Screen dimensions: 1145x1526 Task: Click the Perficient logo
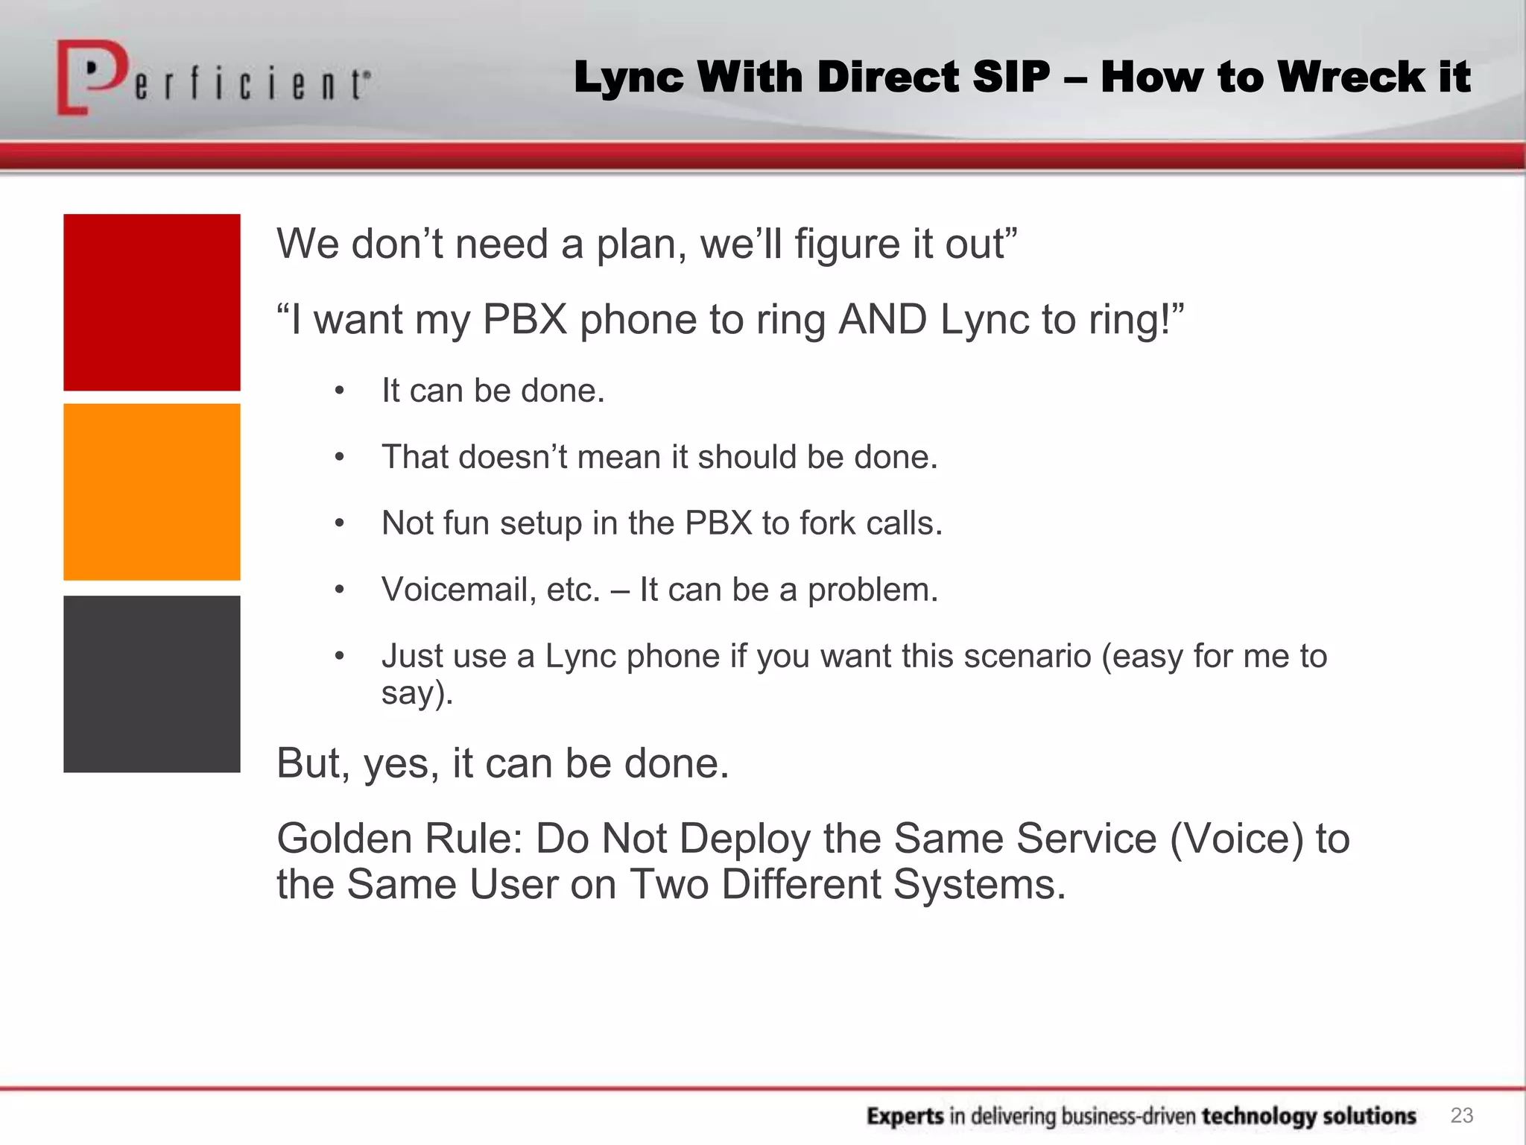[212, 78]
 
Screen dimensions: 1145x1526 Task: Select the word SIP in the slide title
[1011, 77]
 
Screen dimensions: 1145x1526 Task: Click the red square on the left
[152, 302]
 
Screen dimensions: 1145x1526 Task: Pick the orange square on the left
[152, 492]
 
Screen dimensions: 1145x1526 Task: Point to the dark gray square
[152, 684]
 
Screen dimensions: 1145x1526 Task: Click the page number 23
[1462, 1115]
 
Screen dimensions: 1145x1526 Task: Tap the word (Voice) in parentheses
[1236, 839]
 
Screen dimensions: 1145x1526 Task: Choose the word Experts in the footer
[905, 1116]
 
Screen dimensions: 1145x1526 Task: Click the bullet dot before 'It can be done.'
[340, 391]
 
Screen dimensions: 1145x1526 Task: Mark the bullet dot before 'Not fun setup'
[340, 523]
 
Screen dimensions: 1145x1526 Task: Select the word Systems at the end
[979, 885]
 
